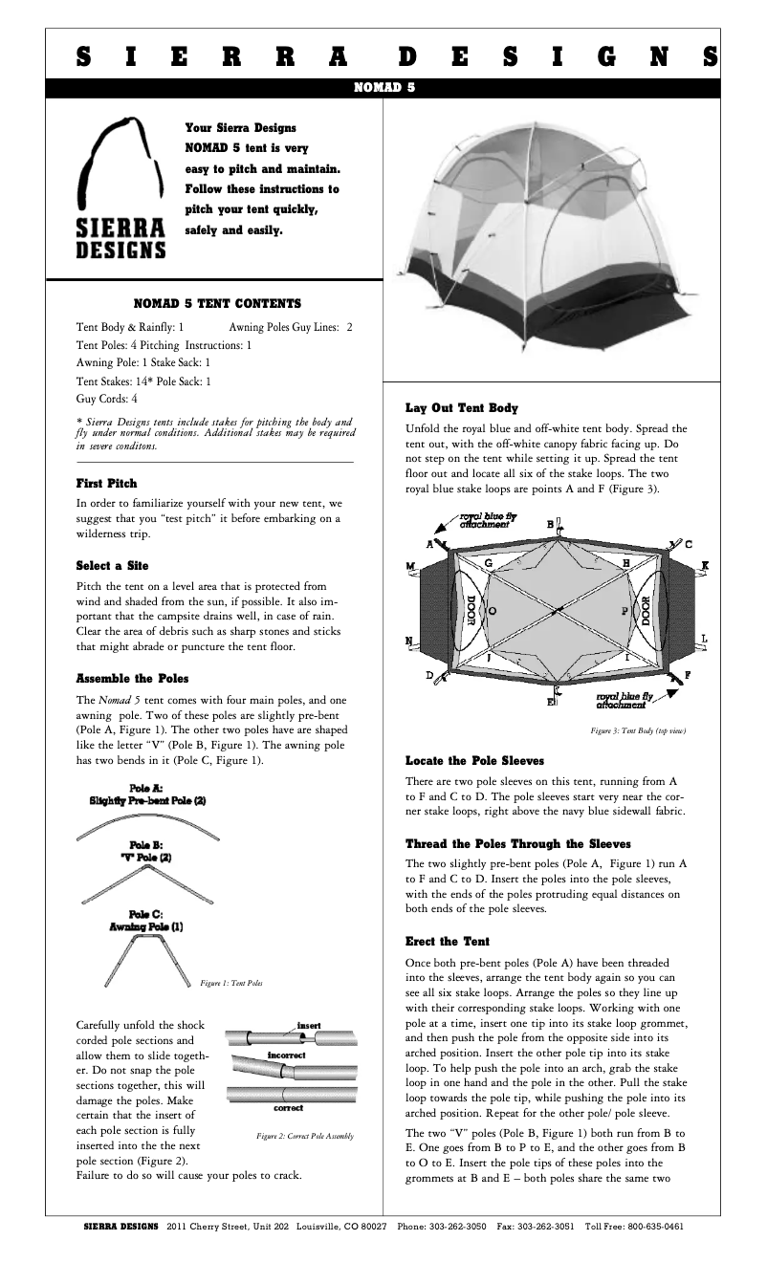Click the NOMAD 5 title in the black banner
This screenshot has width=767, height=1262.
tap(383, 86)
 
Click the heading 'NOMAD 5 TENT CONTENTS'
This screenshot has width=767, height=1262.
tap(217, 304)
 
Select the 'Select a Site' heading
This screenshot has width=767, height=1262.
tap(112, 566)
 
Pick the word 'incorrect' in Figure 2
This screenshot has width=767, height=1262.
tap(286, 1055)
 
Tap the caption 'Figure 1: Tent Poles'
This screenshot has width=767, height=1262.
tap(232, 983)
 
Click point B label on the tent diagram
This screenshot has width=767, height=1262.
tap(550, 524)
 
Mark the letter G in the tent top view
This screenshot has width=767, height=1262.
tap(488, 563)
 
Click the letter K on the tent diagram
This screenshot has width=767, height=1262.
tap(705, 566)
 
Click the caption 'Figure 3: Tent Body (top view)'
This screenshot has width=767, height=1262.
tap(638, 730)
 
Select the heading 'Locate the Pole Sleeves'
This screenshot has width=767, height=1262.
tap(474, 761)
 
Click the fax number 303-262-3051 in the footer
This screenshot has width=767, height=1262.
tap(545, 1226)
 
